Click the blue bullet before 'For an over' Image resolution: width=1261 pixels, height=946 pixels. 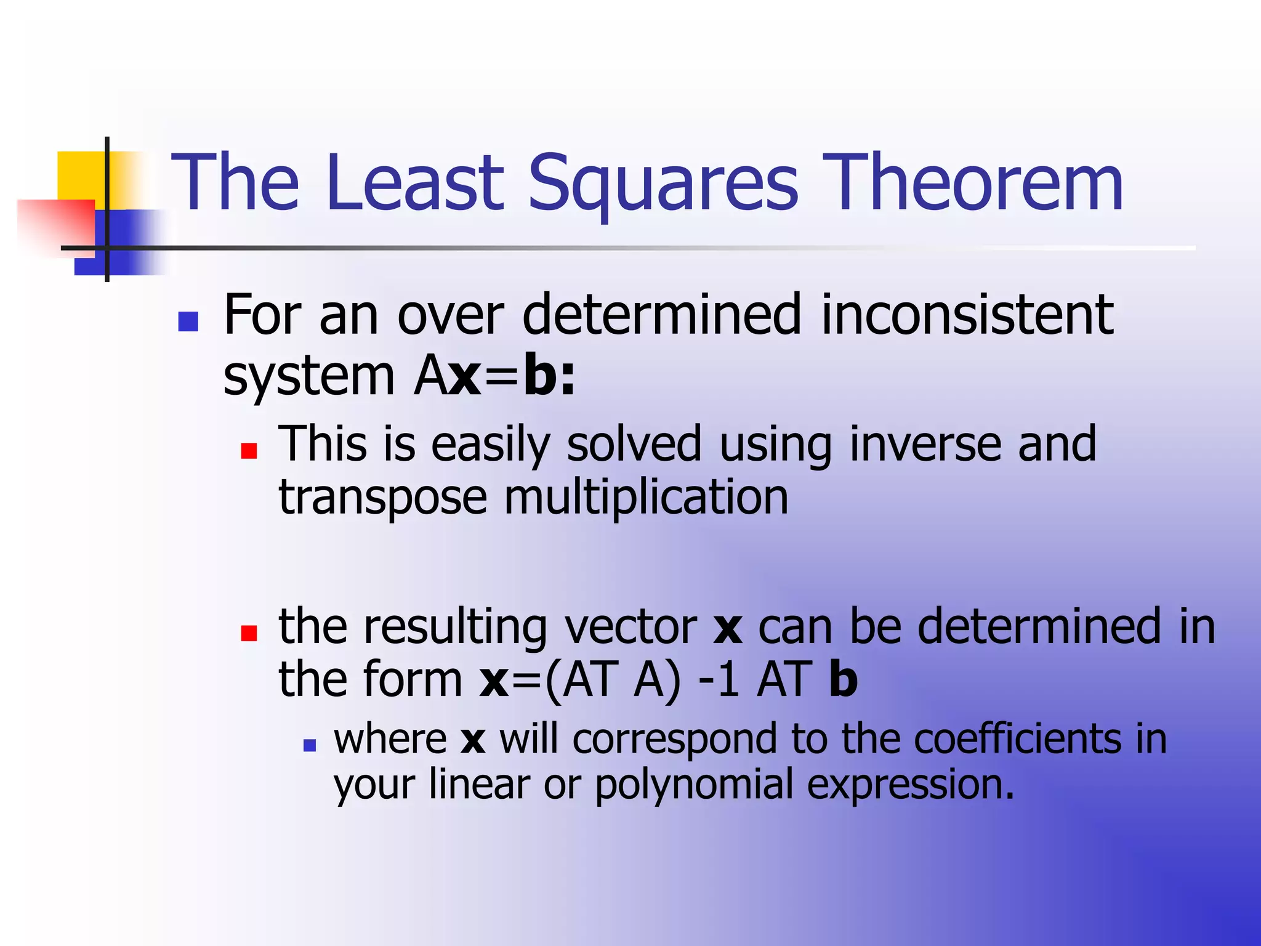(188, 321)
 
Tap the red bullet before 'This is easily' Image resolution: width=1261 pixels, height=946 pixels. (249, 451)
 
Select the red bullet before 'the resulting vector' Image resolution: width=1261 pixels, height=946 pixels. (249, 633)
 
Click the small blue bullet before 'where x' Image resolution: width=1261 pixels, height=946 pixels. (310, 746)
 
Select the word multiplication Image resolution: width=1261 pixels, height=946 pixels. (646, 498)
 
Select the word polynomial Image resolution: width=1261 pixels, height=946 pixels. (694, 785)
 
